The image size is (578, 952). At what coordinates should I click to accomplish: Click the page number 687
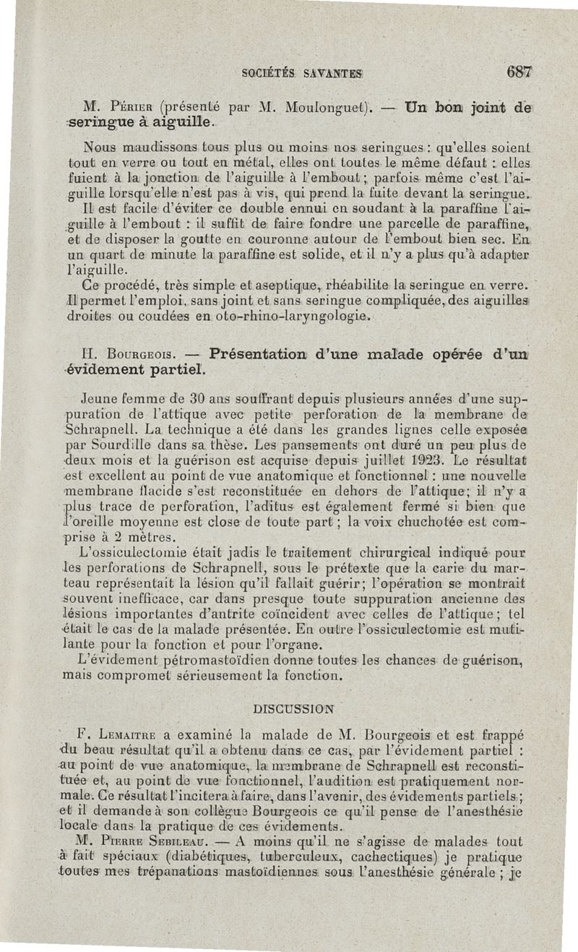point(519,72)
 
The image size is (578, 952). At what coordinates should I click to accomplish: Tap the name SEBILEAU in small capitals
point(191,844)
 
